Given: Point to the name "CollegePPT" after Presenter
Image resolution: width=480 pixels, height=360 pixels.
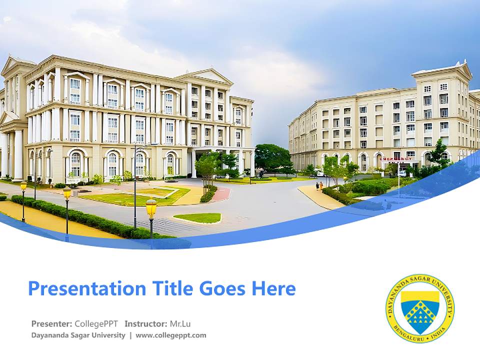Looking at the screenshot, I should tap(96, 323).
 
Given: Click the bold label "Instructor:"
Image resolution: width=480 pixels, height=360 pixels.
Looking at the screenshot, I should tap(145, 323).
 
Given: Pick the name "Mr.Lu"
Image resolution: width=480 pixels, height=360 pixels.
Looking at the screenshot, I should tap(180, 323).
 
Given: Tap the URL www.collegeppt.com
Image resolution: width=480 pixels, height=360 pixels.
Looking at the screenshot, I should tap(171, 335).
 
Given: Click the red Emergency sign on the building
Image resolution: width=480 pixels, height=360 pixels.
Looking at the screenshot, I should tap(396, 158).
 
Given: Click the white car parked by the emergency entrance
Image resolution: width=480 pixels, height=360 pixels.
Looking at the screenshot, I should tap(402, 173).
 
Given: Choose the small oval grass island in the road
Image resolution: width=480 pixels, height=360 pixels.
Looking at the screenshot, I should tap(197, 218).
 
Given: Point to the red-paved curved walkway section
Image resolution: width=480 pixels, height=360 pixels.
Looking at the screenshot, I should tap(221, 194).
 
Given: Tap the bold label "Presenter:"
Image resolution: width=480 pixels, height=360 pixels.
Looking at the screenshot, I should tap(51, 323).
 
